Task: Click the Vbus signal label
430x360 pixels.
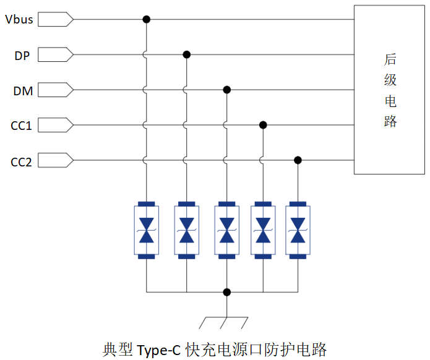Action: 19,19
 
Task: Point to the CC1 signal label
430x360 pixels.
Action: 21,126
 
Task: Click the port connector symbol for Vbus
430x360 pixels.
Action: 56,19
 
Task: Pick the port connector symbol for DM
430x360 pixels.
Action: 56,90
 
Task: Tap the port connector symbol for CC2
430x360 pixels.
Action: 56,161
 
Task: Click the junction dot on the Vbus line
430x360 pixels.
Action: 147,19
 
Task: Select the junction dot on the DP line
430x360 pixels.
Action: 186,54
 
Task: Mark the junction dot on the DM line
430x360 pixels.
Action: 226,90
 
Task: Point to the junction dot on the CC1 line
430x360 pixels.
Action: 263,125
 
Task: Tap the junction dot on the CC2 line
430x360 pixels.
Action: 298,160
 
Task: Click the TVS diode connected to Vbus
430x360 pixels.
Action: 147,229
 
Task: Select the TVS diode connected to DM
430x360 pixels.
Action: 226,229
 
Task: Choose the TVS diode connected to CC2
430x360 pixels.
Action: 298,229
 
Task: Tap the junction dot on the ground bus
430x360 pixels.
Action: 226,291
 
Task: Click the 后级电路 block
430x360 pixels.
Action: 390,90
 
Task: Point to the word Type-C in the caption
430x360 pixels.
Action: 159,349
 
